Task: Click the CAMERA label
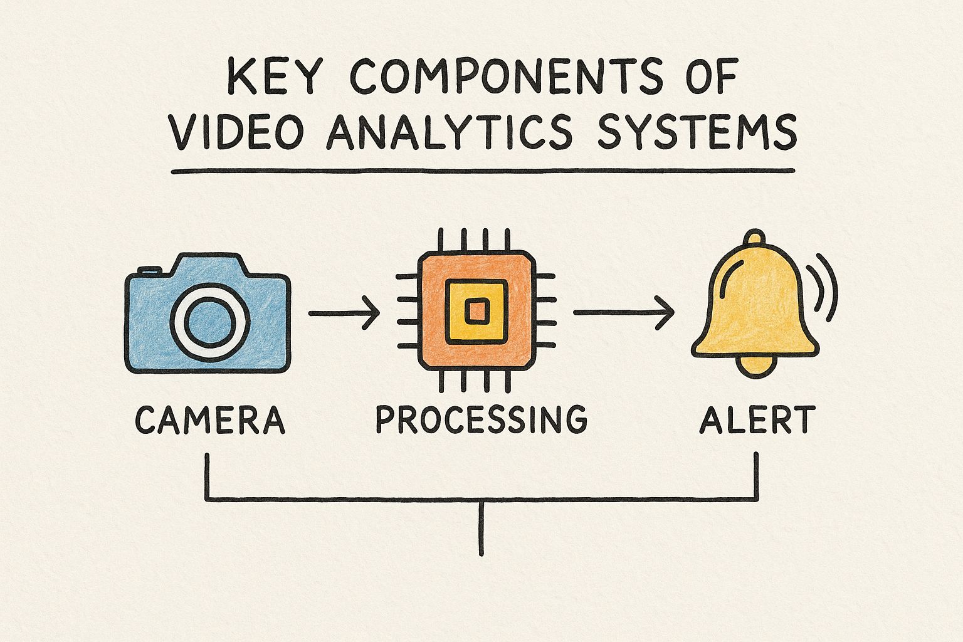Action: pyautogui.click(x=211, y=420)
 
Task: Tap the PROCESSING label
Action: pyautogui.click(x=481, y=420)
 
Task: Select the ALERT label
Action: pyautogui.click(x=757, y=420)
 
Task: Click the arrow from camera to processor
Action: pyautogui.click(x=344, y=311)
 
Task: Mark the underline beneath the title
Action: pyautogui.click(x=482, y=171)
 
